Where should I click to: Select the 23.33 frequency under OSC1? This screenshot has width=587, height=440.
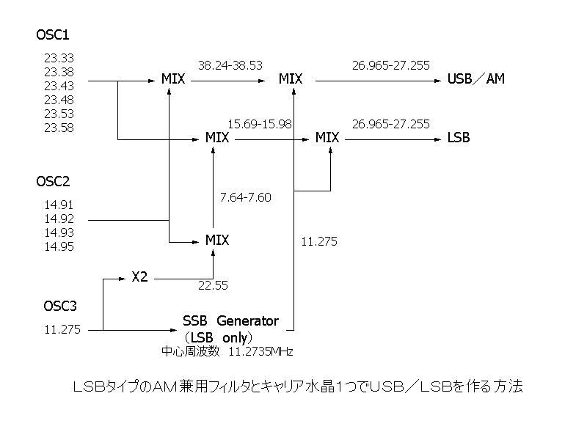click(59, 58)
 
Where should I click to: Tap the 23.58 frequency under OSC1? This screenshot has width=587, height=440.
click(59, 128)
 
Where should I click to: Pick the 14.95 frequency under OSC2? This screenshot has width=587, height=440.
click(59, 246)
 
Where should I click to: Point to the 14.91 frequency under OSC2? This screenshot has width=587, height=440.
click(59, 205)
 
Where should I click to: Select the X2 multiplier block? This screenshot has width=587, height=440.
click(139, 277)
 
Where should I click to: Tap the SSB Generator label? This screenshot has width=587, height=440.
click(230, 320)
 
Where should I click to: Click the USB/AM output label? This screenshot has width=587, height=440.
click(476, 78)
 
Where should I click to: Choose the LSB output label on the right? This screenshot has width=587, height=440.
click(459, 137)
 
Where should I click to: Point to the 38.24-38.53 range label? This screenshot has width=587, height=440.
click(230, 65)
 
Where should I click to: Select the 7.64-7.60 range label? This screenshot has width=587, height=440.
click(245, 197)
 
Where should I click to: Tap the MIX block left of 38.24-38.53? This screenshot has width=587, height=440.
click(173, 78)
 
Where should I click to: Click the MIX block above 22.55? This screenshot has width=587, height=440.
click(217, 240)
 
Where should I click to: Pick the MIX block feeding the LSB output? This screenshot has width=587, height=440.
click(327, 137)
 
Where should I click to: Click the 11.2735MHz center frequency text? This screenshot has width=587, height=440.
click(260, 352)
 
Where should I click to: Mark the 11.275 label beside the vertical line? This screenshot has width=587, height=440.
click(319, 241)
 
